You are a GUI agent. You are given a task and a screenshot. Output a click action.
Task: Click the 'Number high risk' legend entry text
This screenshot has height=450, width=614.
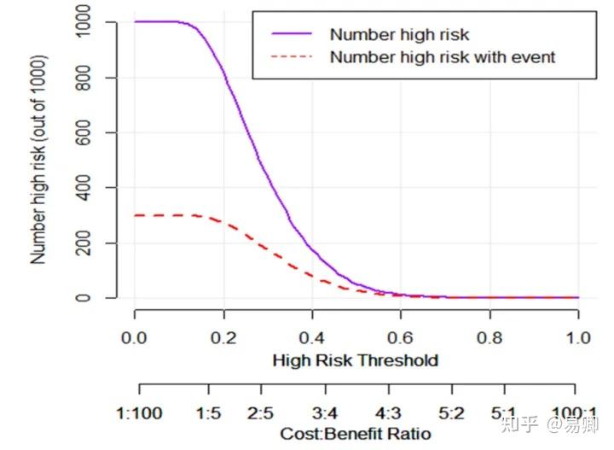[x=398, y=35]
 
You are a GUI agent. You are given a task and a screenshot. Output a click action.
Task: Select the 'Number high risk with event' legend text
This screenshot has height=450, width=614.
[x=442, y=57]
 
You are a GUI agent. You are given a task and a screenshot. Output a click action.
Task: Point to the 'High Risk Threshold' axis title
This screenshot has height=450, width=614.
[x=355, y=360]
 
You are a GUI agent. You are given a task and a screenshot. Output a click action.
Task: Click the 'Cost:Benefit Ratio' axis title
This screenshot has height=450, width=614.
[x=355, y=434]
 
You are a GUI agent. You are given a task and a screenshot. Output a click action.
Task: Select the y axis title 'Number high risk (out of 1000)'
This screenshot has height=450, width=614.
[x=39, y=160]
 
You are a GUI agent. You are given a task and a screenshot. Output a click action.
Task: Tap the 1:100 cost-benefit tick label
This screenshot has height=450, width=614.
[x=138, y=414]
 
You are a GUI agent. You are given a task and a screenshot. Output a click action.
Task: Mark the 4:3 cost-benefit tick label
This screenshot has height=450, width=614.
[x=387, y=414]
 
